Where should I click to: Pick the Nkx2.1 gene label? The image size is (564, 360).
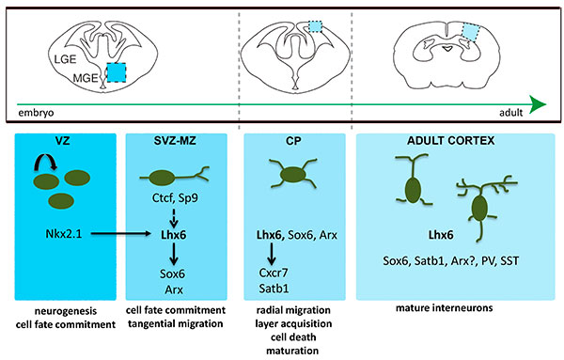[60, 229]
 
